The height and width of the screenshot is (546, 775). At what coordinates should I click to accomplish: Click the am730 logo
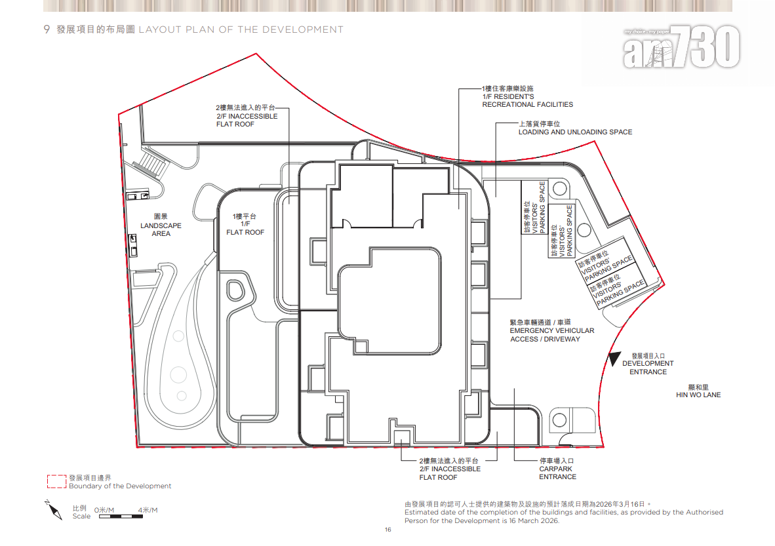tap(681, 47)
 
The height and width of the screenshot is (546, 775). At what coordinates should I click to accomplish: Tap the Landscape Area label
tap(161, 225)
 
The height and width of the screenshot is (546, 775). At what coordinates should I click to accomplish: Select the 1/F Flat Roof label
tap(245, 224)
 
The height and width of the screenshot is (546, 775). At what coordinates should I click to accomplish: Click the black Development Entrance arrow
tap(613, 359)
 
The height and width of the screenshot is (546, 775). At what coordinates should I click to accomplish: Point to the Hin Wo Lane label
tap(698, 391)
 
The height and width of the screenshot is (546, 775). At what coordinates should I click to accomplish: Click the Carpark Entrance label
tap(557, 469)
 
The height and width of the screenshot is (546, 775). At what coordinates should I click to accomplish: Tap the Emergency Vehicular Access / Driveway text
tap(551, 331)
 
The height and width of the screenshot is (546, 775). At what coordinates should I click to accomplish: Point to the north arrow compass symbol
tap(53, 510)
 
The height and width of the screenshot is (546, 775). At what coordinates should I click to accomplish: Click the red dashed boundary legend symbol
tap(56, 482)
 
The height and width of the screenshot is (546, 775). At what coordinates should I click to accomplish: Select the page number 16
tap(387, 530)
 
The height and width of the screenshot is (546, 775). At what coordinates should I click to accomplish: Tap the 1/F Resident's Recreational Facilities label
tap(527, 96)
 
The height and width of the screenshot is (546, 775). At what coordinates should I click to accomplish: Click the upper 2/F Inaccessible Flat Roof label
tap(247, 116)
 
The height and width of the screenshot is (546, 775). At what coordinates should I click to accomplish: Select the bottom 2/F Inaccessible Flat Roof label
tap(450, 469)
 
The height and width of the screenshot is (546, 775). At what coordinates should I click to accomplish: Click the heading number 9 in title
tap(47, 29)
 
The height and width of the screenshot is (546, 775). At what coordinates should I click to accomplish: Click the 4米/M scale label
tap(147, 510)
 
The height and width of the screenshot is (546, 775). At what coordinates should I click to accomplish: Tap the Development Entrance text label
tap(648, 363)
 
